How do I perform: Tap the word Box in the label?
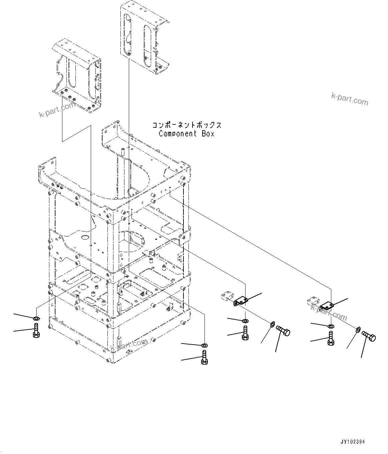point(208,134)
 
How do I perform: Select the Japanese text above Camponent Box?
point(187,125)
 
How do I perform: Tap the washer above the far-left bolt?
point(36,317)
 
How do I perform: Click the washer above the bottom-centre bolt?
point(205,345)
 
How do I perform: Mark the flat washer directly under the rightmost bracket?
point(330,326)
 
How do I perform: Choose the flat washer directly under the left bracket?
point(245,321)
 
